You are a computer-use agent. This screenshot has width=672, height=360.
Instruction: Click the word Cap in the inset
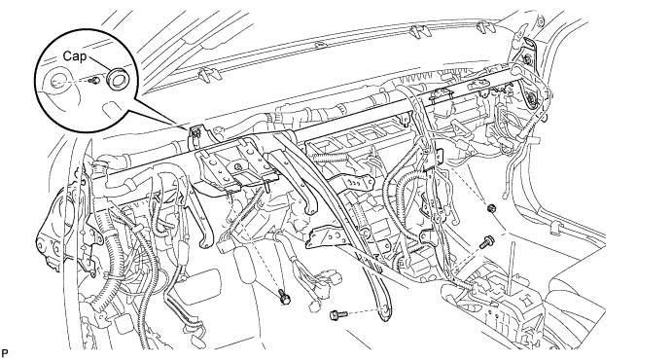click(75, 56)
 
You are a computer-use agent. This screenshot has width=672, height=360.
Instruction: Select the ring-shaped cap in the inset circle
click(116, 79)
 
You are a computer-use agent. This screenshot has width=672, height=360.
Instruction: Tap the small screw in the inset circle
click(96, 80)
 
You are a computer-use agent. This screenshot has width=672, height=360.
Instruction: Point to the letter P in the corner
click(5, 353)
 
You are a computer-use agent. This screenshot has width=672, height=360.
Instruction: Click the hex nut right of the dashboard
click(491, 209)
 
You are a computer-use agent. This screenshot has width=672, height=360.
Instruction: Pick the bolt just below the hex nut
click(488, 241)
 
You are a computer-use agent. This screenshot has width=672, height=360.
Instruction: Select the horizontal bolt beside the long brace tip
click(337, 315)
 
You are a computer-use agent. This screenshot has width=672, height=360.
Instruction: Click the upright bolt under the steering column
click(284, 297)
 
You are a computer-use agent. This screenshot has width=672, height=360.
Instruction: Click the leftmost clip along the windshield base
click(207, 75)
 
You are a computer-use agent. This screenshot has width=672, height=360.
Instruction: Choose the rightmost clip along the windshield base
click(486, 27)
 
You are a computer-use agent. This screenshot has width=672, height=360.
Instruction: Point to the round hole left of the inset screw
click(57, 81)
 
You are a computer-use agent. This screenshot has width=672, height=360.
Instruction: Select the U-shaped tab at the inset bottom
click(113, 109)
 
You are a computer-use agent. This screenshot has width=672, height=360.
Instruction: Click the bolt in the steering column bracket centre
click(237, 166)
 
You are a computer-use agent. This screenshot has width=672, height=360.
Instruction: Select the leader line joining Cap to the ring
click(99, 66)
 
